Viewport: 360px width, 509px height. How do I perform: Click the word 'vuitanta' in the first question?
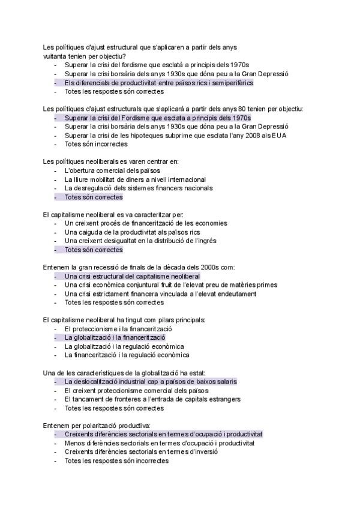click(x=55, y=56)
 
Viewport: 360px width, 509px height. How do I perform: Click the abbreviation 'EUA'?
click(x=279, y=136)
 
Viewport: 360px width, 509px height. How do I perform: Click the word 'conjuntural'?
click(x=146, y=285)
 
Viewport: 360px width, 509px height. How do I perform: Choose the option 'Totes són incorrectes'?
click(x=95, y=145)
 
